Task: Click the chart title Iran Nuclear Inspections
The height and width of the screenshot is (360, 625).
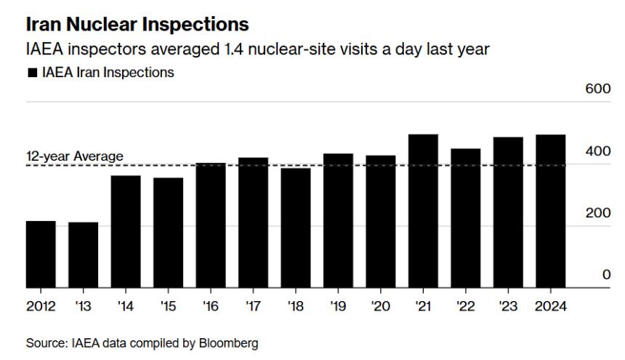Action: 137,24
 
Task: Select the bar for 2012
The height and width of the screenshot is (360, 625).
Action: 41,254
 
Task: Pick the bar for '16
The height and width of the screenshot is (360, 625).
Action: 211,225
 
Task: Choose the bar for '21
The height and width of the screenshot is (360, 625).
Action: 423,211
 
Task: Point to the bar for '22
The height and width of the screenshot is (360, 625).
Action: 466,218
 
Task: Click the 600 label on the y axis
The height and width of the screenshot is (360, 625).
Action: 600,89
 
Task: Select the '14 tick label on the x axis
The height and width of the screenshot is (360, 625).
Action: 125,306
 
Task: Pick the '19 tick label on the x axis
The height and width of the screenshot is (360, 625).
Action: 339,306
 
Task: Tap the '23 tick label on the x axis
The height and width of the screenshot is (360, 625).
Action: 509,306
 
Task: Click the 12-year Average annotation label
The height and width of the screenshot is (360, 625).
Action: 75,156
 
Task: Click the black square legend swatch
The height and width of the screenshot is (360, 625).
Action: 31,73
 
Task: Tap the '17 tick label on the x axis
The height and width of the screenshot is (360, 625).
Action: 253,306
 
